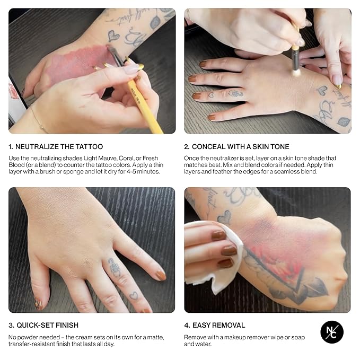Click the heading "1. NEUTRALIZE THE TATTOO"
56,146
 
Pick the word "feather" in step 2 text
223,172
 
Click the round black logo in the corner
332,332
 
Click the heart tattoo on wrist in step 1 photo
113,36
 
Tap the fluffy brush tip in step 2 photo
296,69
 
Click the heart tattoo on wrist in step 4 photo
225,216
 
